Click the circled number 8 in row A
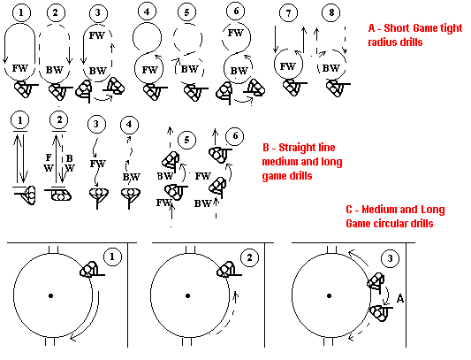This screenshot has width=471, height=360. coord(331,13)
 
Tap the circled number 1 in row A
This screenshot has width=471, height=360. coord(21,12)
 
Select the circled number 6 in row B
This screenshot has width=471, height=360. coord(235,136)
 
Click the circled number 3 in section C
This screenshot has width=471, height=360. coord(390,258)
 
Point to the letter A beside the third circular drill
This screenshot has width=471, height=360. coord(400,299)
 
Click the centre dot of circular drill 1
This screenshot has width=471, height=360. coord(50,296)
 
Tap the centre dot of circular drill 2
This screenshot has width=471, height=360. coord(187,296)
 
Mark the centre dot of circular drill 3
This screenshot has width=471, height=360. coord(330,296)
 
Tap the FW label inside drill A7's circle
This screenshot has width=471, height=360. coord(288,66)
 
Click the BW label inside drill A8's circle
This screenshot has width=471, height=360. coord(330,68)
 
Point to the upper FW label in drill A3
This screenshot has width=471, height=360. coord(96,35)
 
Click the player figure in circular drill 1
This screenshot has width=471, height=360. coord(91,269)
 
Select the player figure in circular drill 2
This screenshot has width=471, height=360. coord(228,269)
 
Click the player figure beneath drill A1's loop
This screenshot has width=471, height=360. coord(26,88)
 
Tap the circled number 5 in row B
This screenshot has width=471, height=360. coord(186,140)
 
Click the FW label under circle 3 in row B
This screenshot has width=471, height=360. coord(98,164)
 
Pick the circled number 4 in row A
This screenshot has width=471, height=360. coord(148,12)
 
